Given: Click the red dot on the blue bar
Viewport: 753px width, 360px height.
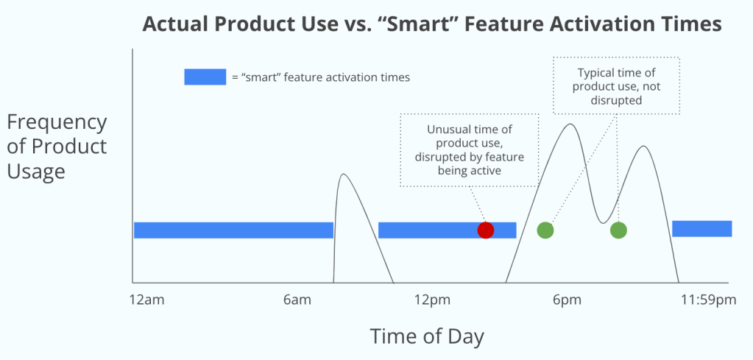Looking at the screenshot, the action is point(486,230).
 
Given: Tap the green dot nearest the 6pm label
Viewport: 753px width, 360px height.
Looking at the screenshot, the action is point(545,230).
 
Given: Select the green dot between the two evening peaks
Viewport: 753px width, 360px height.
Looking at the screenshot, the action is point(618,230).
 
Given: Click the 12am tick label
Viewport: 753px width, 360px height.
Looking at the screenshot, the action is point(147,300).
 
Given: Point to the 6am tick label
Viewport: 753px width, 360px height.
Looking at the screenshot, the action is point(297,300).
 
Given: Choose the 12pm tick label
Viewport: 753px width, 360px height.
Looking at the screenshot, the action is point(433,300).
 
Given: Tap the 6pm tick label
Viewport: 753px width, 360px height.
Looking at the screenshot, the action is point(568,300).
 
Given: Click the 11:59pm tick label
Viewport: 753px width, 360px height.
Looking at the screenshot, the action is point(708,300).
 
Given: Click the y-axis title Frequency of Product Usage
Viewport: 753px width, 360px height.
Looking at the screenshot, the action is point(57,147).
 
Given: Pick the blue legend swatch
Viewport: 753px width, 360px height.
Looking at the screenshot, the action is point(205,77).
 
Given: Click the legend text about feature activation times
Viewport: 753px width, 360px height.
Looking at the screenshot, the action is point(321,77).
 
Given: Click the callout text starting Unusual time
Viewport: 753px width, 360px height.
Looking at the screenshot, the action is point(469,149).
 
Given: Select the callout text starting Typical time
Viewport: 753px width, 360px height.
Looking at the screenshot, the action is point(617,86).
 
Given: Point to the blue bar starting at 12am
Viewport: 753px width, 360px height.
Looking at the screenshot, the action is point(233,230).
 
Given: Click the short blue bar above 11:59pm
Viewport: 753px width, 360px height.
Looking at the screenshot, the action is point(701,228).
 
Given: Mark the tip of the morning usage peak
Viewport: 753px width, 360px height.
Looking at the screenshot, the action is point(342,174).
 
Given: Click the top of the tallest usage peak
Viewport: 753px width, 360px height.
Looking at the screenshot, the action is point(570,124).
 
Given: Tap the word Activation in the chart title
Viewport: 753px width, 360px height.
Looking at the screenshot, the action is point(631,24).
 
